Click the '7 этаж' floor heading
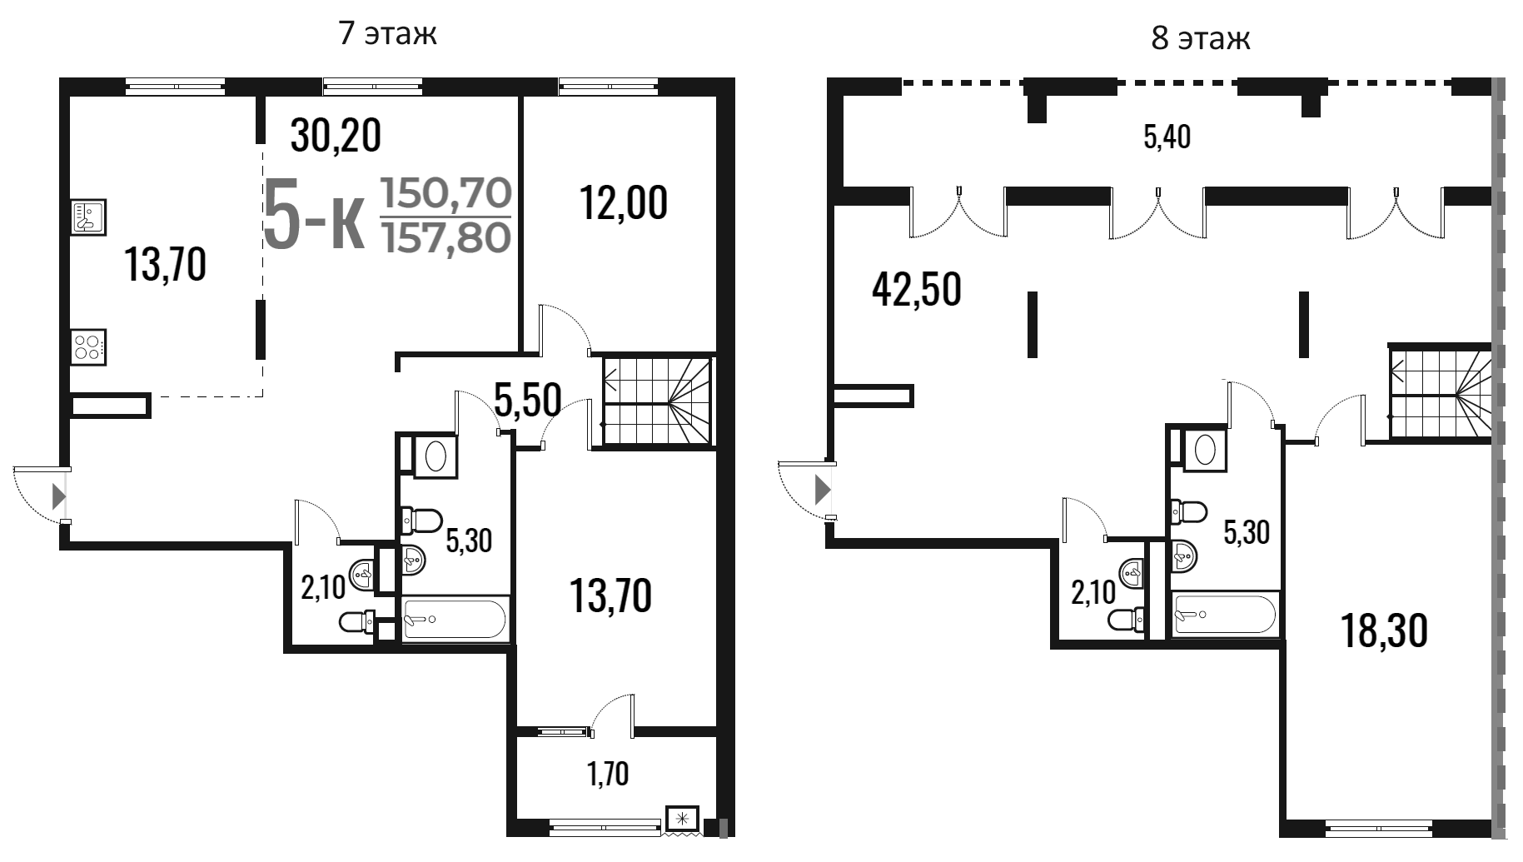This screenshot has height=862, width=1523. [388, 34]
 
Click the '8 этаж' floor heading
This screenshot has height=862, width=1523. [1201, 38]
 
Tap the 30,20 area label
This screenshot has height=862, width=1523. [336, 135]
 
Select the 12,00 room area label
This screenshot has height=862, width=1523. [625, 202]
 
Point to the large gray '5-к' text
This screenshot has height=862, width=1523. [314, 215]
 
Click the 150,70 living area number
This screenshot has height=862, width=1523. [445, 194]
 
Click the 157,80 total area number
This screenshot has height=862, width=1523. [445, 237]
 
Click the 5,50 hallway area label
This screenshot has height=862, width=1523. [527, 400]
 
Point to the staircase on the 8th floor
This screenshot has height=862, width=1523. [1439, 391]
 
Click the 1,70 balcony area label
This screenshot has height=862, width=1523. [608, 775]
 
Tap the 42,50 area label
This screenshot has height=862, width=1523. [917, 291]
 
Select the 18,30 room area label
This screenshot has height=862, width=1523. [1384, 630]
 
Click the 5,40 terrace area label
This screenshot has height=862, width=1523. [1167, 137]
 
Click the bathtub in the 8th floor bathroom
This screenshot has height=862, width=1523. [1224, 615]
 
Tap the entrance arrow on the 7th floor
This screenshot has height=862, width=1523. [58, 496]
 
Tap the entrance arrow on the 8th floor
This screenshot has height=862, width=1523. [823, 489]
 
